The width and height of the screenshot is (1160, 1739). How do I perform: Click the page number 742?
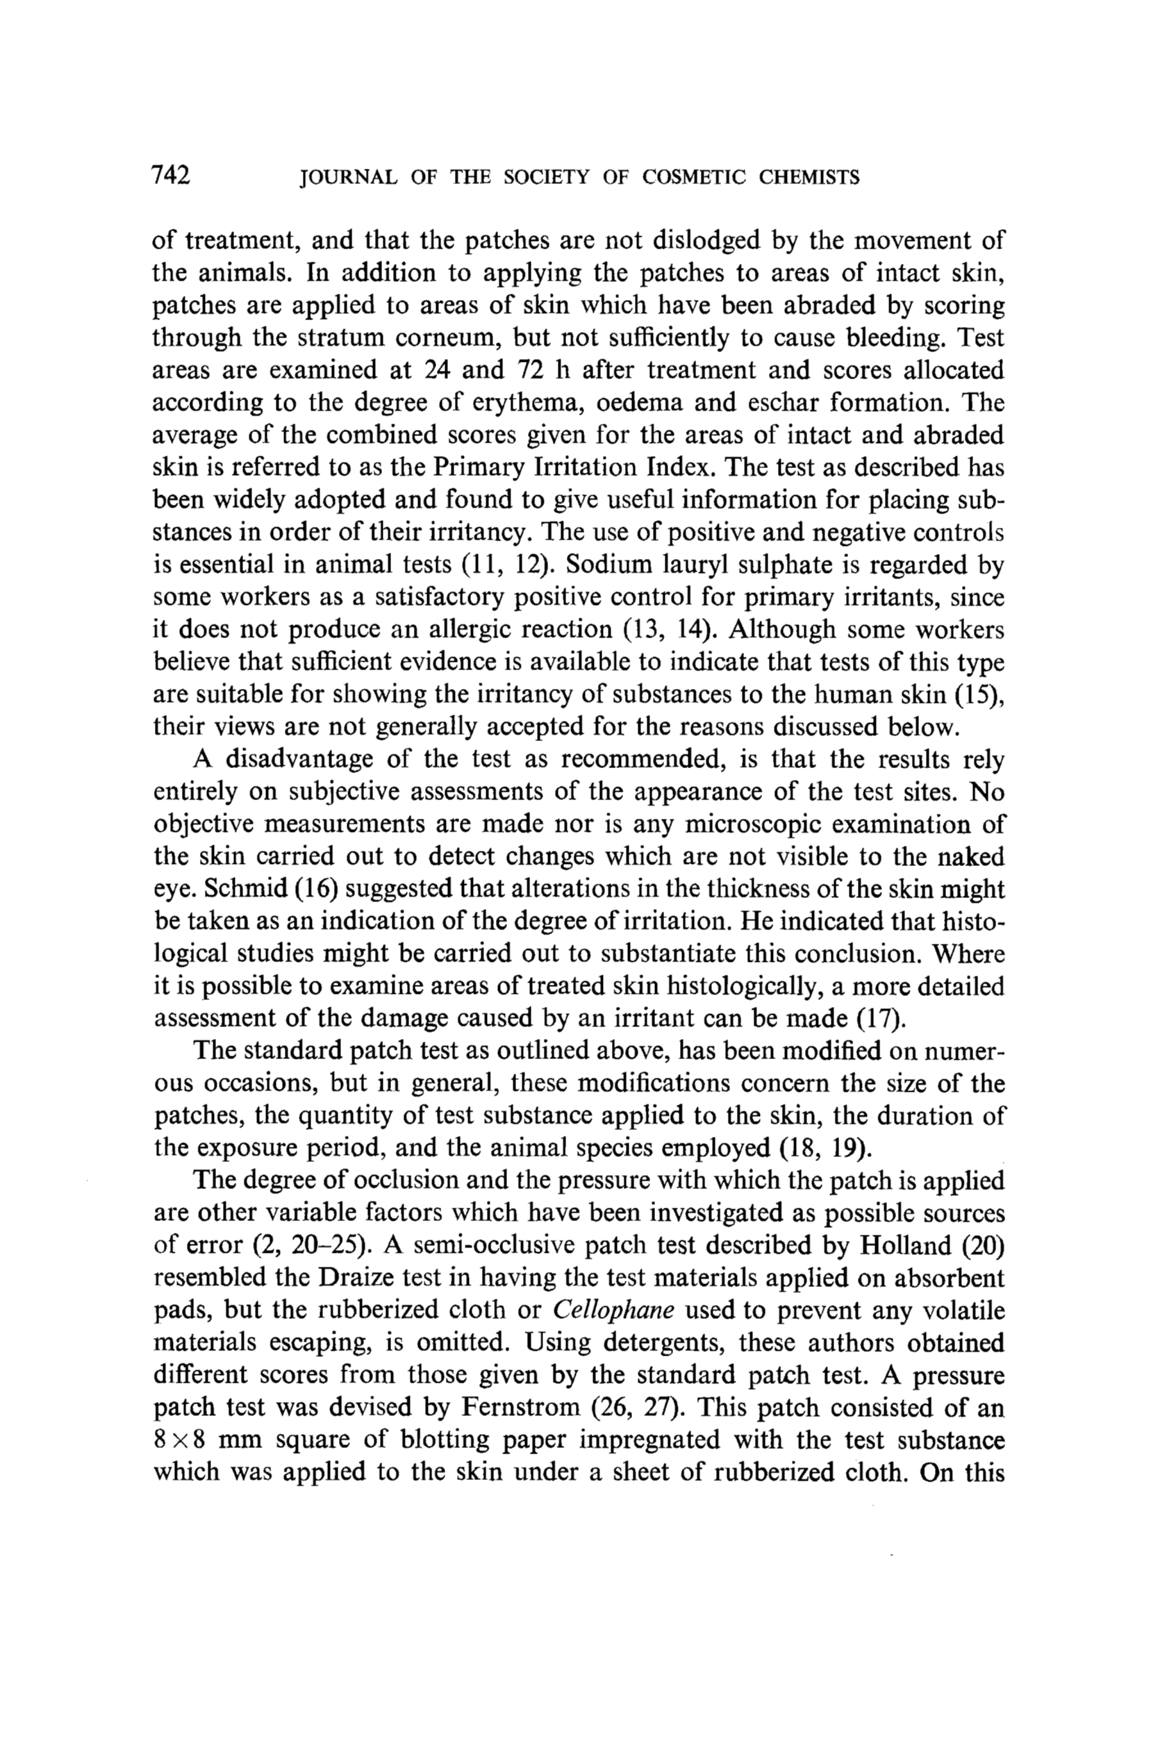point(171,175)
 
